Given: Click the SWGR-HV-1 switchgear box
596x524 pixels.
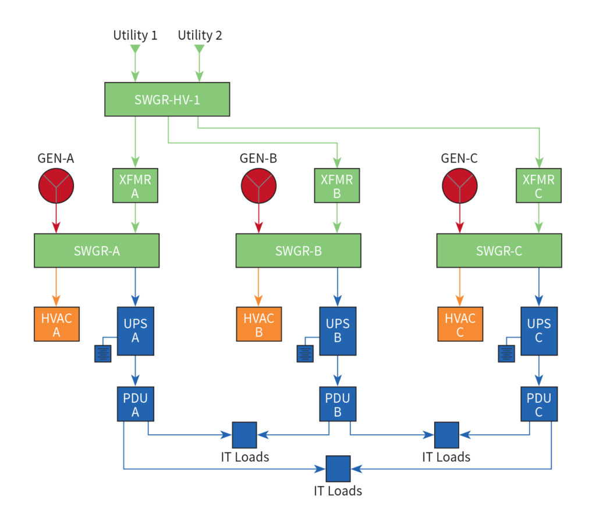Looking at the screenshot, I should coord(167,99).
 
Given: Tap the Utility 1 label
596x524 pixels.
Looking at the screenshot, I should coord(135,35).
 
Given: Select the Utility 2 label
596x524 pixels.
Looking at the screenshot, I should coord(200,35).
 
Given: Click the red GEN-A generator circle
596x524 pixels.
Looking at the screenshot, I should coord(56,186).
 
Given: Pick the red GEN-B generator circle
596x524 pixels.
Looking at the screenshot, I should coord(258,186).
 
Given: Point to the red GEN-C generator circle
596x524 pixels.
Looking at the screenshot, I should coord(460,186).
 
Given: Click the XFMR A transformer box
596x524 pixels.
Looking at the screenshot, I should coord(135,186).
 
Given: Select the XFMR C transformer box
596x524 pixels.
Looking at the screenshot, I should coord(538,186).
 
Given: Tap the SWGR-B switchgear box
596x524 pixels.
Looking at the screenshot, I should coord(298,251).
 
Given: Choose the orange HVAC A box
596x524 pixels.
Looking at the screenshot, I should coord(56,324).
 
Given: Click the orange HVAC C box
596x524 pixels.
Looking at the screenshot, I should coord(460,324).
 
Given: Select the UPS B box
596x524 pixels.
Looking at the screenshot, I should coord(337,331).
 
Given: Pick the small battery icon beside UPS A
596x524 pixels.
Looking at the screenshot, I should coord(103,353).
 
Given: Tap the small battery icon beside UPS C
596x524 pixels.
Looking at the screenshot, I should coord(507,353).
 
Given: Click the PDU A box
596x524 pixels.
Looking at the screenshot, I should coord(135,404).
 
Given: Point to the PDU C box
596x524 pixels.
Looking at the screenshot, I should coord(538,404).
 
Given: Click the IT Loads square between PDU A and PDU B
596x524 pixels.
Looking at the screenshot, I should coord(244,434).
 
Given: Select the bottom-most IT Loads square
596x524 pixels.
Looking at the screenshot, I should coord(338,468).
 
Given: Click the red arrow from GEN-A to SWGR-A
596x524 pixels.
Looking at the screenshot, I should coord(56,218).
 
